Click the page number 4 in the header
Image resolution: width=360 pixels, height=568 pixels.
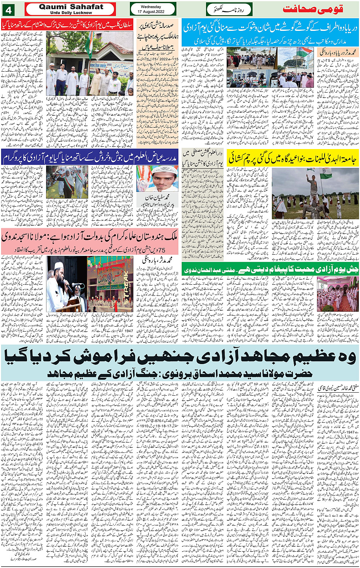tap(8, 8)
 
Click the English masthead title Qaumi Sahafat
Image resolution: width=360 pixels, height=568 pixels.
tap(71, 7)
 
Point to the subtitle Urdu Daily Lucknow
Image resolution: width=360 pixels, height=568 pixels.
tap(71, 13)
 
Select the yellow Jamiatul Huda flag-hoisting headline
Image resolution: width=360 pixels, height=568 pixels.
tap(293, 158)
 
